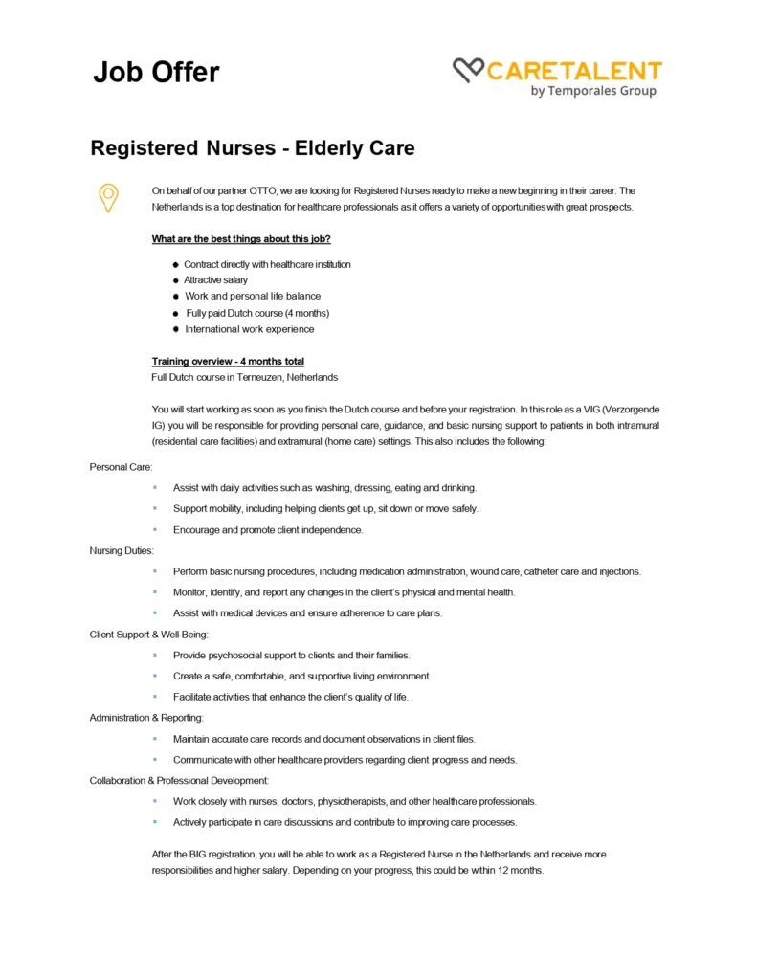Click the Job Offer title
click(x=156, y=73)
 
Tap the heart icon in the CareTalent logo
click(x=468, y=70)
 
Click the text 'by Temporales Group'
click(x=592, y=91)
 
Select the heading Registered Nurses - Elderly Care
click(x=252, y=148)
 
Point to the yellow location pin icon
click(x=109, y=196)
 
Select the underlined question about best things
click(x=241, y=239)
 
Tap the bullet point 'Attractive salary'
click(x=215, y=280)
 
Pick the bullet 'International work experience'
click(x=249, y=329)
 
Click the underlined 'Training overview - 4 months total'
click(x=228, y=361)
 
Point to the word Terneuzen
click(x=253, y=377)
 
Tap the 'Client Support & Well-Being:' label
click(x=148, y=634)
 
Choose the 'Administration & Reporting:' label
click(x=146, y=717)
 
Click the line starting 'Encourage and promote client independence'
click(x=268, y=529)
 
